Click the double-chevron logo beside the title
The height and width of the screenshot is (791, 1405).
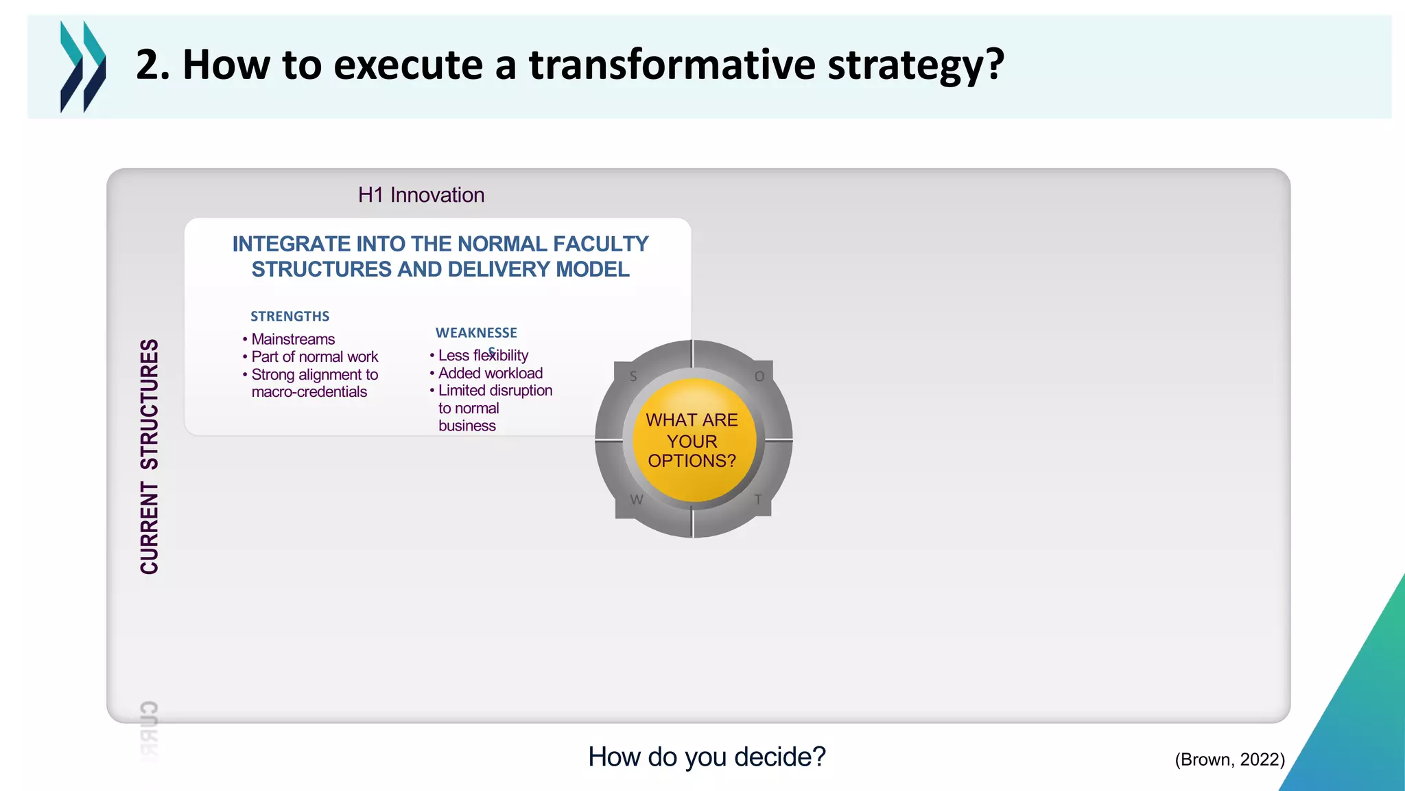(83, 67)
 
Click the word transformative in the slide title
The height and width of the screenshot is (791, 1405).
(672, 65)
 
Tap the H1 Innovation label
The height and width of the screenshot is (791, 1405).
(421, 195)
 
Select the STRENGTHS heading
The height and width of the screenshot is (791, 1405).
(290, 317)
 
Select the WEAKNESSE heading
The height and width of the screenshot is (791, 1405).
(476, 333)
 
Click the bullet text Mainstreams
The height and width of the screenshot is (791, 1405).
(293, 339)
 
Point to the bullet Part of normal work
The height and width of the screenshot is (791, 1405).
(314, 357)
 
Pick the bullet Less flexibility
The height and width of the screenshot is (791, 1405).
(483, 356)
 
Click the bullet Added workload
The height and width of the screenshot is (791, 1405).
(490, 374)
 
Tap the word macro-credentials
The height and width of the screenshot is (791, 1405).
(309, 392)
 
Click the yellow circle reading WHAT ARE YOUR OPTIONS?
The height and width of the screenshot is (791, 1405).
(692, 440)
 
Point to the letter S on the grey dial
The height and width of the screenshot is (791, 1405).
(633, 376)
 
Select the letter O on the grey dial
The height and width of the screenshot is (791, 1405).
(759, 376)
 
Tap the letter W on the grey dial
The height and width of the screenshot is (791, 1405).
(637, 500)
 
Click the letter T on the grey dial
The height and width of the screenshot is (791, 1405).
(758, 500)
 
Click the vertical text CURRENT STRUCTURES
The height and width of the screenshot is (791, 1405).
(150, 457)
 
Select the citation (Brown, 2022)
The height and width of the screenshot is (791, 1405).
(1229, 759)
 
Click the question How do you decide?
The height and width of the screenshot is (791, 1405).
(707, 757)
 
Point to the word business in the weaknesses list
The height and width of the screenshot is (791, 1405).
(467, 426)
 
